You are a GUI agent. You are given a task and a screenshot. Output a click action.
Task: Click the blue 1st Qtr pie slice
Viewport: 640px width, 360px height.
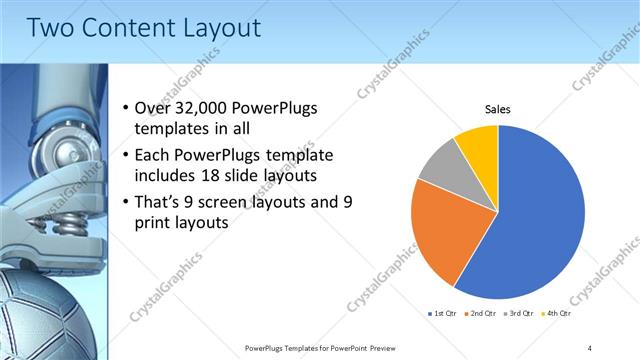point(540,220)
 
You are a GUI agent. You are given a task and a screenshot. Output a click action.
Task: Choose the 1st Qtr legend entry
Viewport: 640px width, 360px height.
point(441,314)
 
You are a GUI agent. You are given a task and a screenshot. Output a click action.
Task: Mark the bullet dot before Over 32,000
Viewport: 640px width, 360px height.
point(124,109)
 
